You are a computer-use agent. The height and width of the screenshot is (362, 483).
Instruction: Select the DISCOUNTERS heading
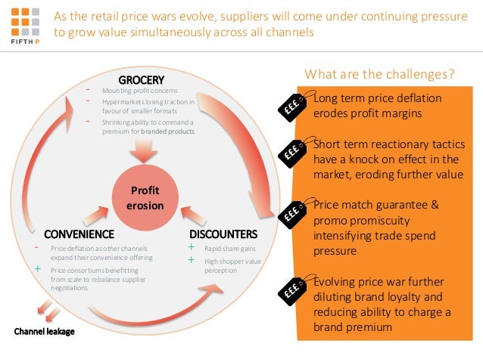pos(223,234)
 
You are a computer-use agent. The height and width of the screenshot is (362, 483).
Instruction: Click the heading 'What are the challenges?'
pos(379,74)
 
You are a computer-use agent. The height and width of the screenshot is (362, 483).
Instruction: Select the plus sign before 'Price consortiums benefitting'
pos(38,268)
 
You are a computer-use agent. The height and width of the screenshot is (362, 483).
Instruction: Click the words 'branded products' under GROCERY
pos(172,131)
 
